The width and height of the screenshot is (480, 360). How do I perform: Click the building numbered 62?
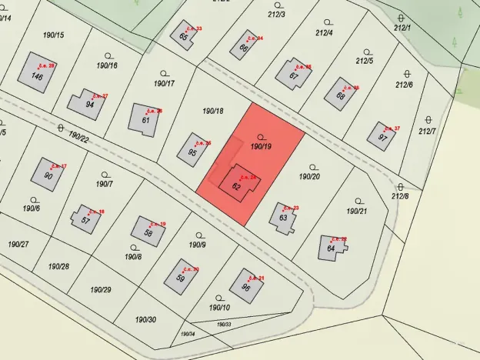[x=239, y=183]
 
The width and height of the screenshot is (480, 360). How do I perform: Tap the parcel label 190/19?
[x=261, y=145]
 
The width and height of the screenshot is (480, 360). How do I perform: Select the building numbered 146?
[x=37, y=74]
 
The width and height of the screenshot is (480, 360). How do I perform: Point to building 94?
[x=86, y=104]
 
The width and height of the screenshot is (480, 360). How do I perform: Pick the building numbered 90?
[x=49, y=175]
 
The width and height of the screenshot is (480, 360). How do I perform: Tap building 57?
[x=85, y=218]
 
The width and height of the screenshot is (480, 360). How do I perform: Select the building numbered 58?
[x=148, y=232]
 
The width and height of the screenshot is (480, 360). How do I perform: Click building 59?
[x=181, y=276]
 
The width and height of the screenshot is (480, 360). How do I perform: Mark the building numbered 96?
[x=246, y=285]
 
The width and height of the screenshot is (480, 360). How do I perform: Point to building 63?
[x=283, y=215]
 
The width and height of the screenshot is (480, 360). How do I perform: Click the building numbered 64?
[x=332, y=248]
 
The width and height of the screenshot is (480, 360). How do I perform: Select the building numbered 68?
[x=340, y=95]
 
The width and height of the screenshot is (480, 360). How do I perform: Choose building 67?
[x=294, y=74]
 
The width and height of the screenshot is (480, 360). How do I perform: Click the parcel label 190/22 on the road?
[x=78, y=136]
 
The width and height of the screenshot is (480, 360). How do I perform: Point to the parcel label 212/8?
[x=400, y=196]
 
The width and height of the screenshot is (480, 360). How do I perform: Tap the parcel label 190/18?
[x=212, y=112]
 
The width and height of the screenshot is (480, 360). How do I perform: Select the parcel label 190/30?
[x=145, y=319]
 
